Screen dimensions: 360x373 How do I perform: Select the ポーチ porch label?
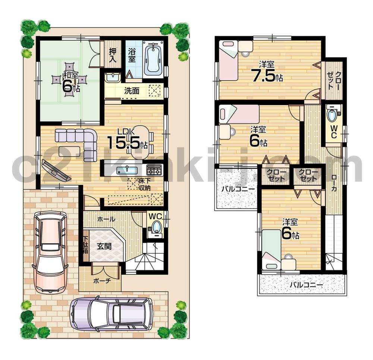[x=100, y=281]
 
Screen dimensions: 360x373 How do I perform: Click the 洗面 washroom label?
[x=132, y=91]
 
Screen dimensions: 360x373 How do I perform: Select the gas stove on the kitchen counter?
[x=154, y=170]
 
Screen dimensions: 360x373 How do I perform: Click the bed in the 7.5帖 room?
[x=228, y=60]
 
